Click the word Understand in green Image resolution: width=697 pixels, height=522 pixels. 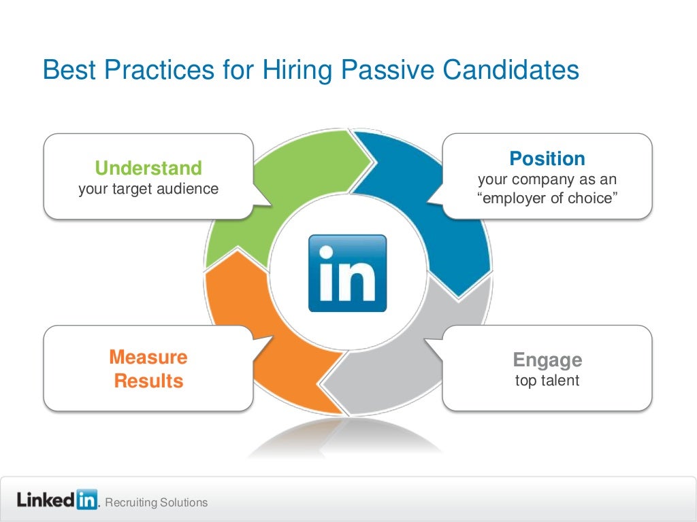148,168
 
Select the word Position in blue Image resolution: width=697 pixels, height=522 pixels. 547,159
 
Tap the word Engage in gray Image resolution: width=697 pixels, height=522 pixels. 547,360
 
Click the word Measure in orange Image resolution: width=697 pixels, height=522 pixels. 148,358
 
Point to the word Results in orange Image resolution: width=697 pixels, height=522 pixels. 148,381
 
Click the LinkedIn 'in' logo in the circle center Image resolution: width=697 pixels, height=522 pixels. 347,273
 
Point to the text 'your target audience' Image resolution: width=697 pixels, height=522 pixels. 148,189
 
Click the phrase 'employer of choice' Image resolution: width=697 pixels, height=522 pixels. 547,200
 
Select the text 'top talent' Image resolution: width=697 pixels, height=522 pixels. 547,381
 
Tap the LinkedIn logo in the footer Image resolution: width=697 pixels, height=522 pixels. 57,501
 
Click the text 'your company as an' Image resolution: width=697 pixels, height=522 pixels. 547,181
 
